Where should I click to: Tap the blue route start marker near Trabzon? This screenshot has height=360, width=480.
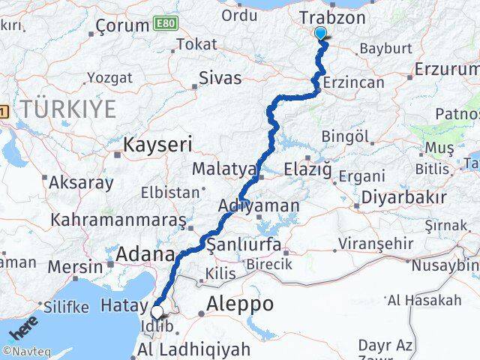[x=321, y=34]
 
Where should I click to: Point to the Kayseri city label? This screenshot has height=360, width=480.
[x=157, y=143]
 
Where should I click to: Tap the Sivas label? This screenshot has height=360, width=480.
[x=220, y=77]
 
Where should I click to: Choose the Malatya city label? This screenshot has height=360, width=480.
[x=224, y=169]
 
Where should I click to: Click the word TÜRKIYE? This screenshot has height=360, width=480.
[x=68, y=109]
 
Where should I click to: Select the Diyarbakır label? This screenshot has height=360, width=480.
[x=403, y=198]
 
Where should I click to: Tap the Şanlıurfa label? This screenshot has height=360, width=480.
[x=244, y=245]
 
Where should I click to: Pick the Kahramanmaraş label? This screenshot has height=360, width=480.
[x=118, y=220]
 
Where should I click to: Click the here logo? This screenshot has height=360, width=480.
[x=23, y=328]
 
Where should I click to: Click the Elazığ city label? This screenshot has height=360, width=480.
[x=307, y=170]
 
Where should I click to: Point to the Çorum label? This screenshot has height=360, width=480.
[x=122, y=27]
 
